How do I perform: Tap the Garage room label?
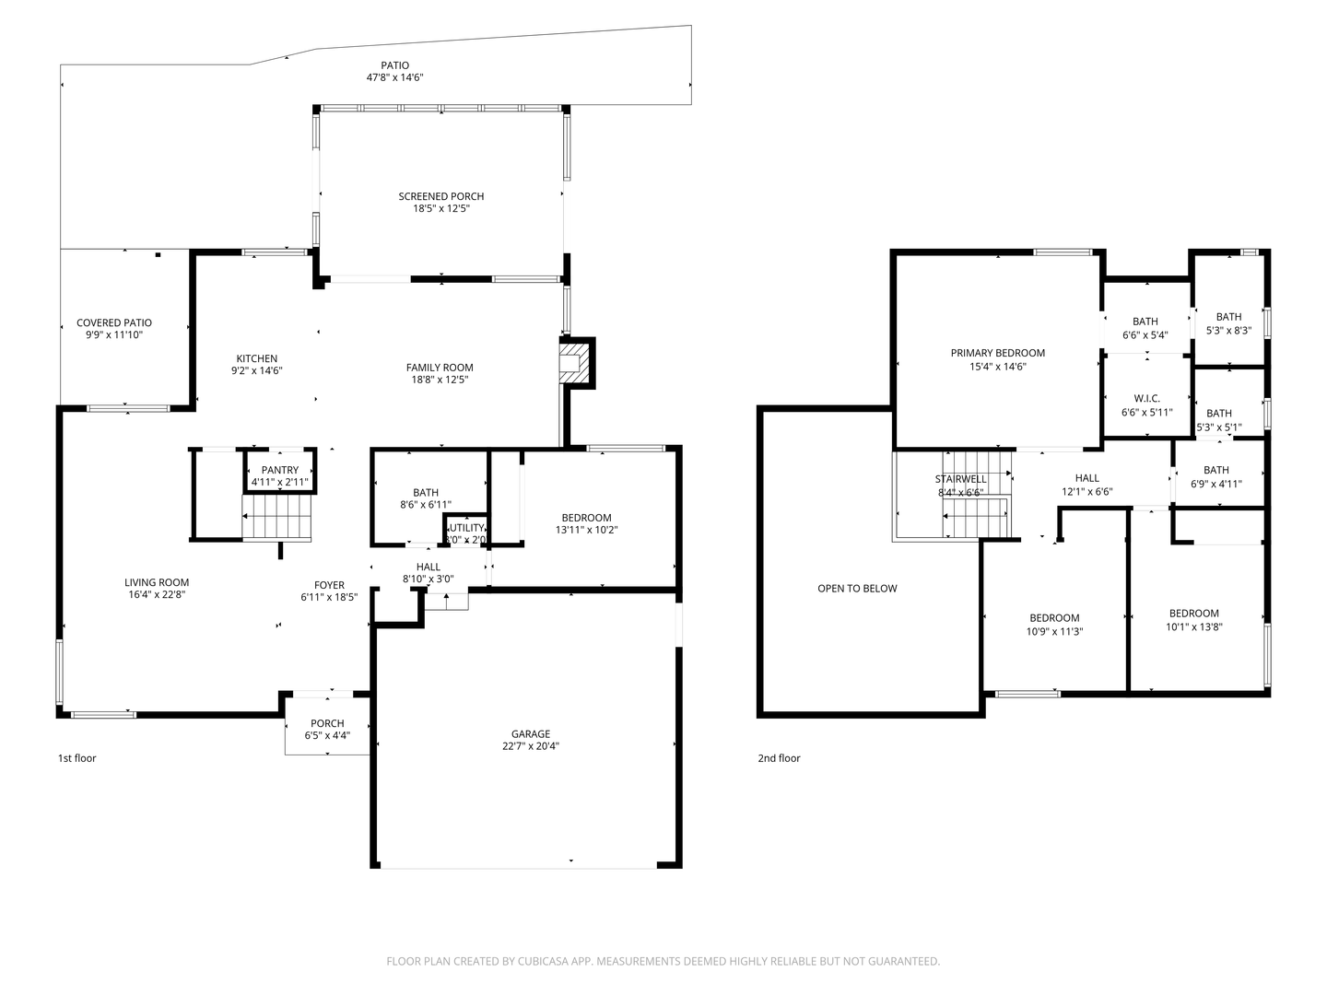[531, 734]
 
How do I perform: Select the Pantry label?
[279, 470]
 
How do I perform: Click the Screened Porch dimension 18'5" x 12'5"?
[441, 209]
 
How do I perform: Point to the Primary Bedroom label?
[997, 353]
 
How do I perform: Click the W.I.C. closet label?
[1146, 399]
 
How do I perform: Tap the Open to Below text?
[857, 589]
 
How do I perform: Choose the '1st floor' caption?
[76, 758]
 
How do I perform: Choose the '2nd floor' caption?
[779, 758]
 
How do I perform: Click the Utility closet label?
[465, 528]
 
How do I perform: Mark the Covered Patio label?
[114, 322]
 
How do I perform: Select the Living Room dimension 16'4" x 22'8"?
[157, 595]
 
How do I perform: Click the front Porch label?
[327, 723]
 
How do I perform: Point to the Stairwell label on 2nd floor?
[960, 479]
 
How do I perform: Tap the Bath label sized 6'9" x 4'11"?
[1215, 470]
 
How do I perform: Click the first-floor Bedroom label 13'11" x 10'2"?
[586, 518]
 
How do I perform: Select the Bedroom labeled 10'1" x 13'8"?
[1193, 614]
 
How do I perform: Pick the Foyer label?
[329, 585]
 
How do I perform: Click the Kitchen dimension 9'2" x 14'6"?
[256, 371]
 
